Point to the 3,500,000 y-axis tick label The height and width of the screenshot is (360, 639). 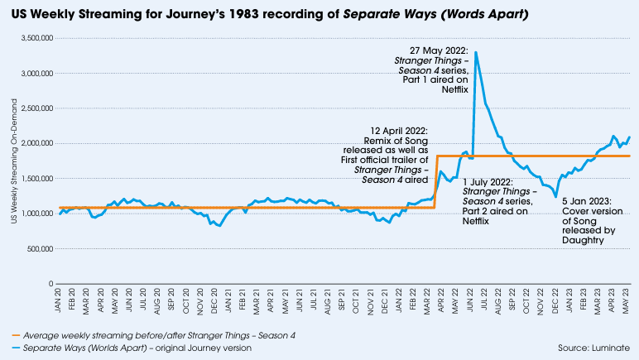click(x=37, y=38)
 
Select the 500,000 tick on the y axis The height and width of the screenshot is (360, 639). click(x=40, y=248)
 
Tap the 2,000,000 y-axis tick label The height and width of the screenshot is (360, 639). click(x=37, y=143)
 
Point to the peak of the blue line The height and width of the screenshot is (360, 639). click(x=475, y=53)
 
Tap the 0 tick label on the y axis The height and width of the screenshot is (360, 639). click(x=51, y=284)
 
